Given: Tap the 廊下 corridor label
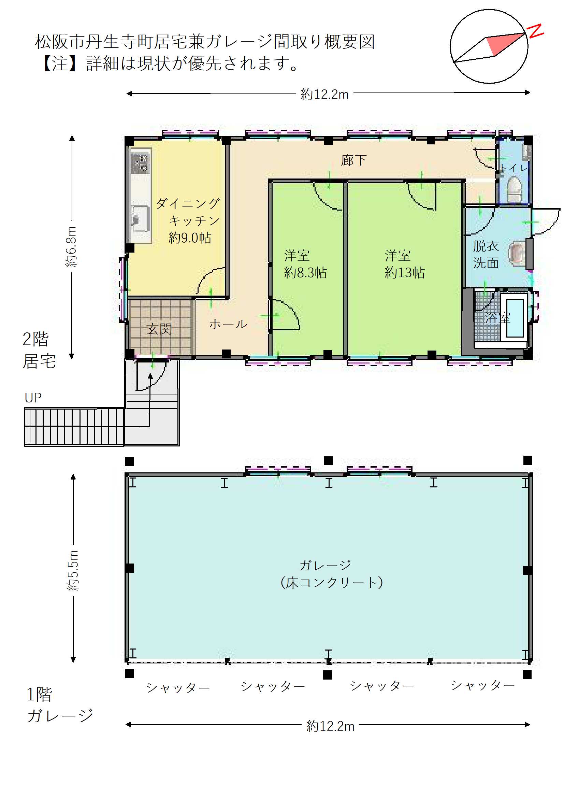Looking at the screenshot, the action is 353,160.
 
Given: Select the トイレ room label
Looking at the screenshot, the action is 514,168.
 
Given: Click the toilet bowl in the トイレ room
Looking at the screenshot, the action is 515,190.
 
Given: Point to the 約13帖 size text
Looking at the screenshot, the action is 405,273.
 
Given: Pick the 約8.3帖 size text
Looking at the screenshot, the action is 305,273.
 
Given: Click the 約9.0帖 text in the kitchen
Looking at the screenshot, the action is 190,238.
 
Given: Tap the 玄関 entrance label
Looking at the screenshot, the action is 159,329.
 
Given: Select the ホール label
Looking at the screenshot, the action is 228,324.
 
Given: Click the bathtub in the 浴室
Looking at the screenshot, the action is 515,318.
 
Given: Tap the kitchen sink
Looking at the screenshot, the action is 139,219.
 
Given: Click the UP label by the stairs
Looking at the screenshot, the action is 33,398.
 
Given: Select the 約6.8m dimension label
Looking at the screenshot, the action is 71,247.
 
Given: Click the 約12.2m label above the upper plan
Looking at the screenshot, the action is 324,94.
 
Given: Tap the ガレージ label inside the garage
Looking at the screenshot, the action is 325,565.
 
